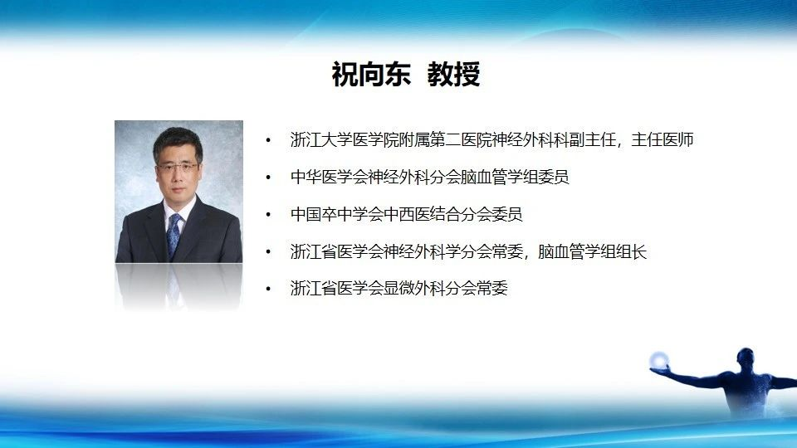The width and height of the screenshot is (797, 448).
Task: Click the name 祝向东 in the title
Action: click(371, 74)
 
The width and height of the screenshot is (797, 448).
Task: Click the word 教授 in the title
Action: click(453, 74)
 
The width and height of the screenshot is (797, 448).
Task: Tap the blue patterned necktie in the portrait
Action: click(174, 235)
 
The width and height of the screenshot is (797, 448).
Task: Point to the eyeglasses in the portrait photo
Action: click(178, 167)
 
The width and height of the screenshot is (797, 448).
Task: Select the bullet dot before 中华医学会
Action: click(268, 178)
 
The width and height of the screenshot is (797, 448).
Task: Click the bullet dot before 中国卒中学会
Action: click(268, 214)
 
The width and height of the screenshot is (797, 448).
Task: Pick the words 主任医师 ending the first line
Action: click(663, 139)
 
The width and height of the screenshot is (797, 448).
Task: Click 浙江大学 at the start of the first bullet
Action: click(321, 139)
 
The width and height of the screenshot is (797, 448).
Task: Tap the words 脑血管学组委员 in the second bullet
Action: click(515, 177)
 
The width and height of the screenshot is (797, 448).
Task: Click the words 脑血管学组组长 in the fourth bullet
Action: click(592, 251)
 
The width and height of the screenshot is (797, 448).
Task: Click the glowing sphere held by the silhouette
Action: click(659, 361)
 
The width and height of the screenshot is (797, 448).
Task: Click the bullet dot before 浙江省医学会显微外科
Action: click(268, 289)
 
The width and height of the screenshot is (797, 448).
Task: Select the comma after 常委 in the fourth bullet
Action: click(528, 256)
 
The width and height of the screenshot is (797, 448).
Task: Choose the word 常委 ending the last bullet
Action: click(492, 288)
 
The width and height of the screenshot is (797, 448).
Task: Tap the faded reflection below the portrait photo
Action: click(178, 286)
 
